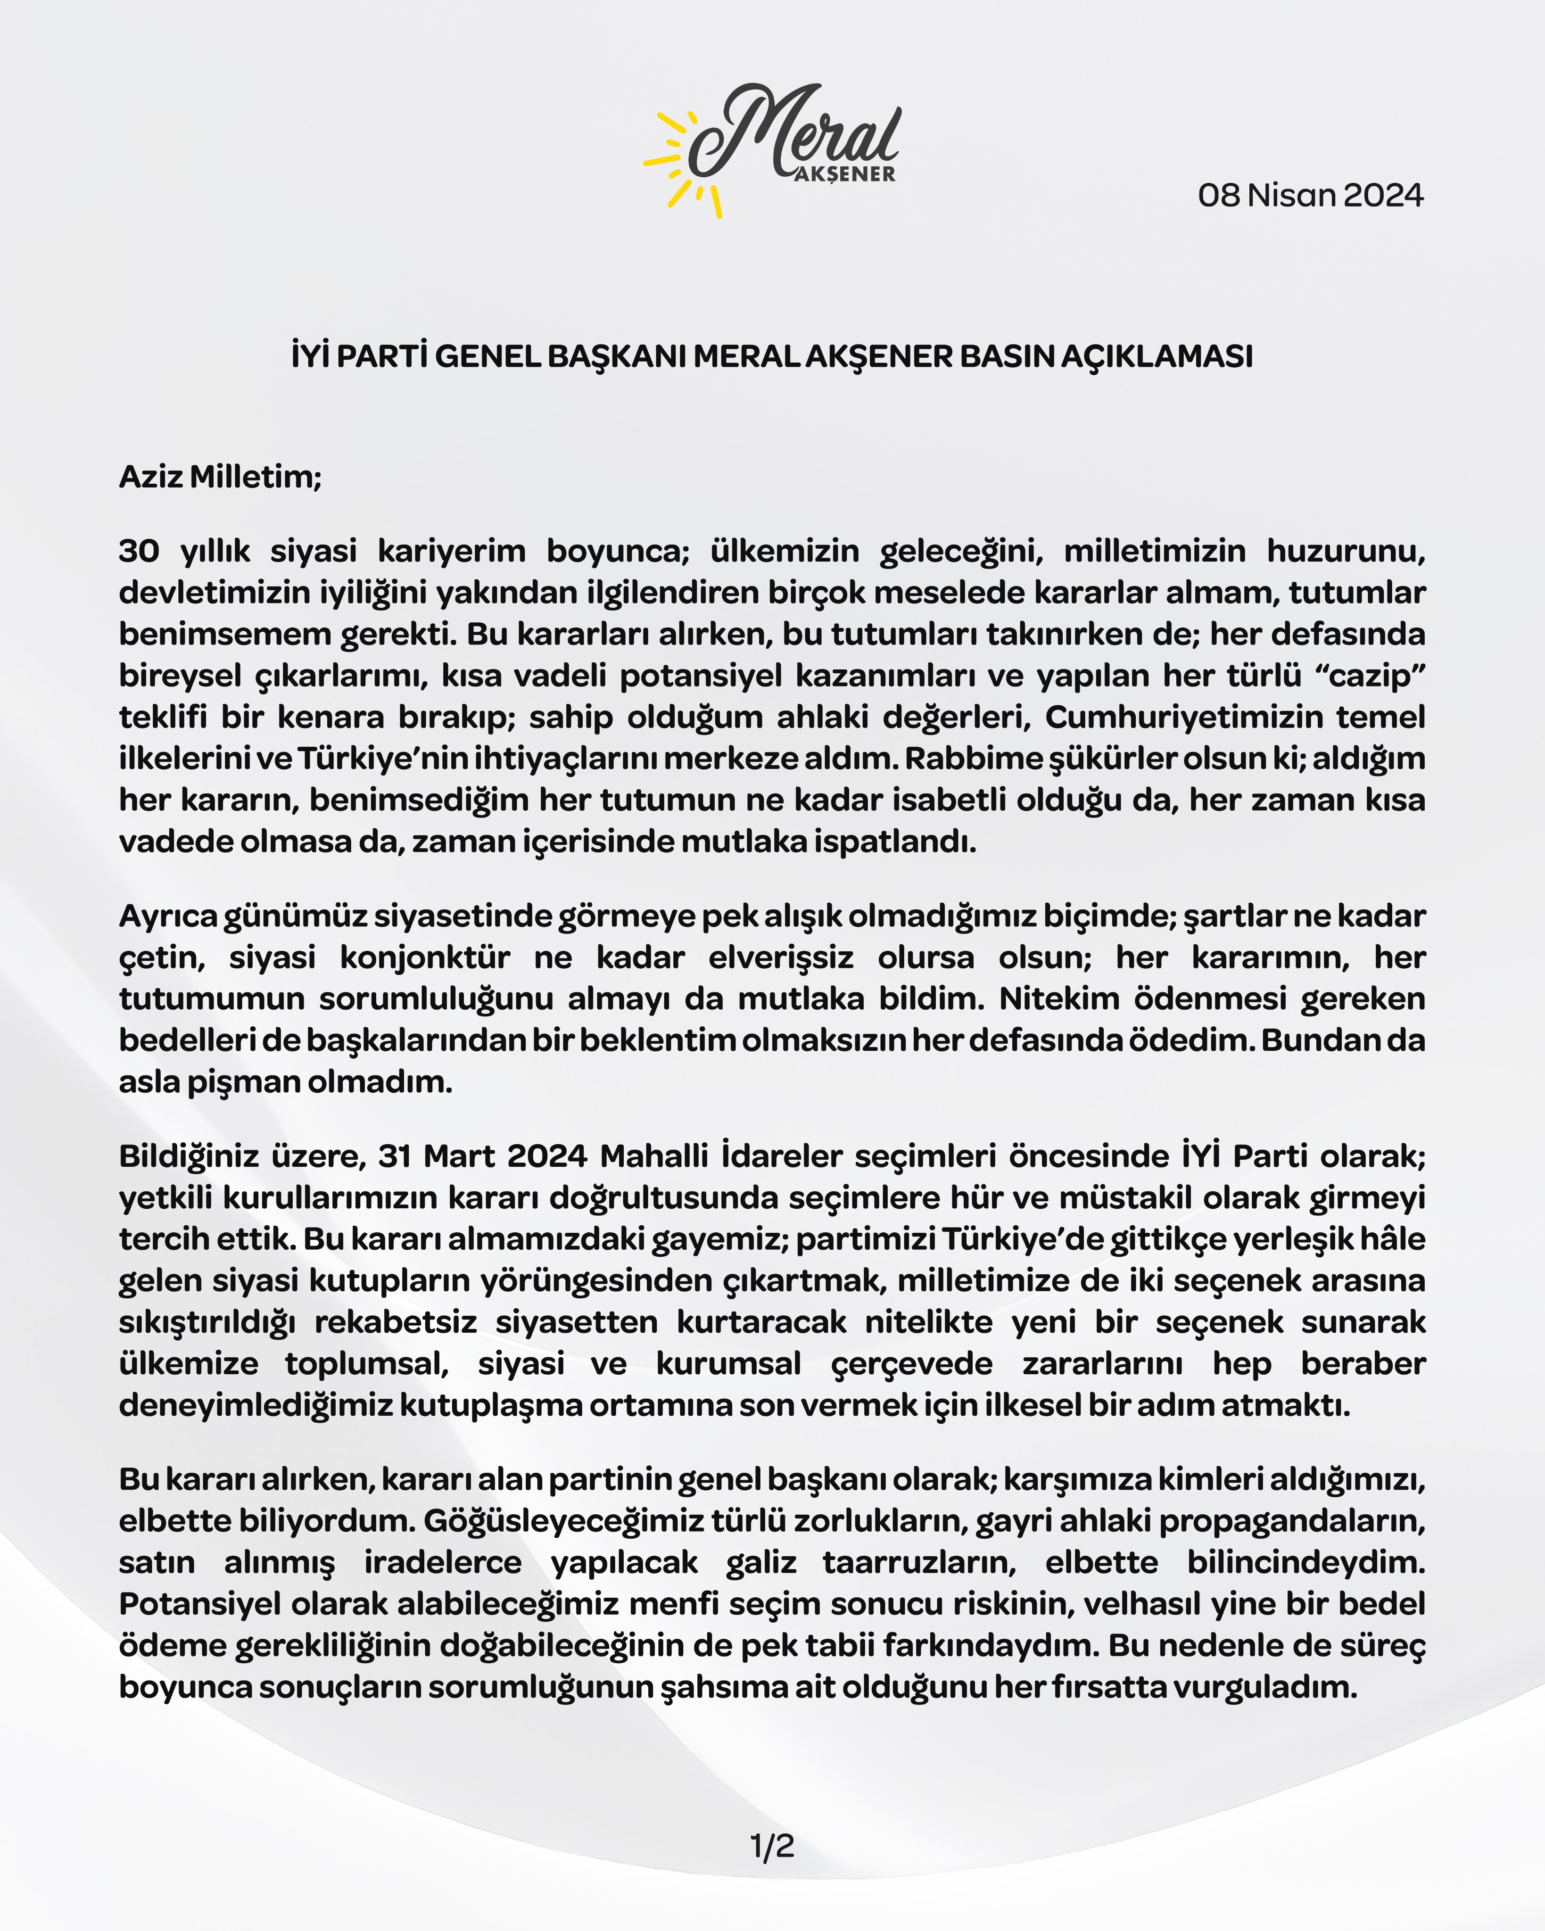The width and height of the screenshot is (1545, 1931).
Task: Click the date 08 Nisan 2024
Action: coord(1310,195)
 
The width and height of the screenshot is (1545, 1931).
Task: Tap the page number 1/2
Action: coord(772,1846)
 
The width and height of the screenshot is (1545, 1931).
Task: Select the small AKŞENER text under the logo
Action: coord(844,174)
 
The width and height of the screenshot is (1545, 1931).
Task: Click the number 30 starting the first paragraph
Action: coord(139,551)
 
